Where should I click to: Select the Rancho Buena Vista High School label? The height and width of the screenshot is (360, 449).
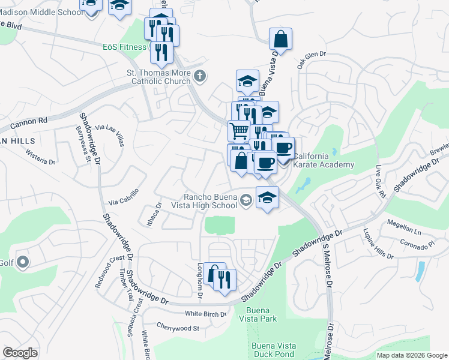209,201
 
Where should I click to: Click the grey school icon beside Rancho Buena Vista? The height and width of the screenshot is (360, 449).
245,200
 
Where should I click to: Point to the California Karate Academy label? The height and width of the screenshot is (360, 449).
324,160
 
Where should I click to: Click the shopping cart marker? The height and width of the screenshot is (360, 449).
239,130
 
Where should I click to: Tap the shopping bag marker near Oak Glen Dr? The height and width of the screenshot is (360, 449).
280,39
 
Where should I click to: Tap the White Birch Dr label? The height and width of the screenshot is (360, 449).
206,314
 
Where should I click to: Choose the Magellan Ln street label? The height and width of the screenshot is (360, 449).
404,229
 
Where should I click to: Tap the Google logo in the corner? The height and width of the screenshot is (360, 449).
20,353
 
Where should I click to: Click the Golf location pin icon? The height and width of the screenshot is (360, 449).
23,262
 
